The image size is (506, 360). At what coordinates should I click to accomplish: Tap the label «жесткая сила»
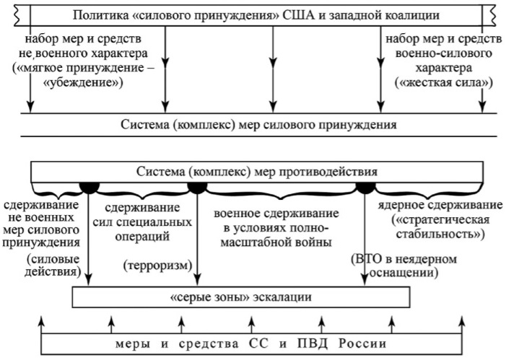(x=444, y=82)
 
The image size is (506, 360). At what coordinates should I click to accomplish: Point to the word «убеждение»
(x=83, y=83)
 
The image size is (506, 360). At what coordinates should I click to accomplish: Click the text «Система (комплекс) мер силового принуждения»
(x=259, y=125)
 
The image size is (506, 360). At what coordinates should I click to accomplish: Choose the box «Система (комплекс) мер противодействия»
(x=257, y=172)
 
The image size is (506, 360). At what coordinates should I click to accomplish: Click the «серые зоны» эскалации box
(x=241, y=297)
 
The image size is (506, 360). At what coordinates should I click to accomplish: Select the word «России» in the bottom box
(x=362, y=343)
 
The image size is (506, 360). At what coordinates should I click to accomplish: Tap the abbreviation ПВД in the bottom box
(x=313, y=343)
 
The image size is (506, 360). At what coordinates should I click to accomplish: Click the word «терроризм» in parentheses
(x=158, y=265)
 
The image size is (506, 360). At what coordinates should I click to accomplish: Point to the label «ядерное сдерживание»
(x=440, y=206)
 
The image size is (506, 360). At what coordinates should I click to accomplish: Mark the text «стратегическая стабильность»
(x=440, y=227)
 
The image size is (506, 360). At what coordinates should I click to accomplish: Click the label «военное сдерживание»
(x=276, y=214)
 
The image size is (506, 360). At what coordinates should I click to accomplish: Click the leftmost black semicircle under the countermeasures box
(x=90, y=188)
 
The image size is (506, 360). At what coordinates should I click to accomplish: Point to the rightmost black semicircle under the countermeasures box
(x=365, y=188)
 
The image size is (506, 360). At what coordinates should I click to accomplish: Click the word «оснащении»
(x=404, y=273)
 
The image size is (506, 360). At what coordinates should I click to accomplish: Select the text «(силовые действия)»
(x=53, y=265)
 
